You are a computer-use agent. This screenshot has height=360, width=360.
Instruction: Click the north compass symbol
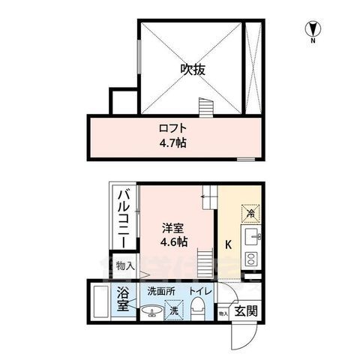coord(310,30)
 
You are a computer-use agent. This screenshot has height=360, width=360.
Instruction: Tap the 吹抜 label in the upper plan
coord(192,70)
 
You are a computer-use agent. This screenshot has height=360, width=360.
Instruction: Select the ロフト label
coord(172,127)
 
